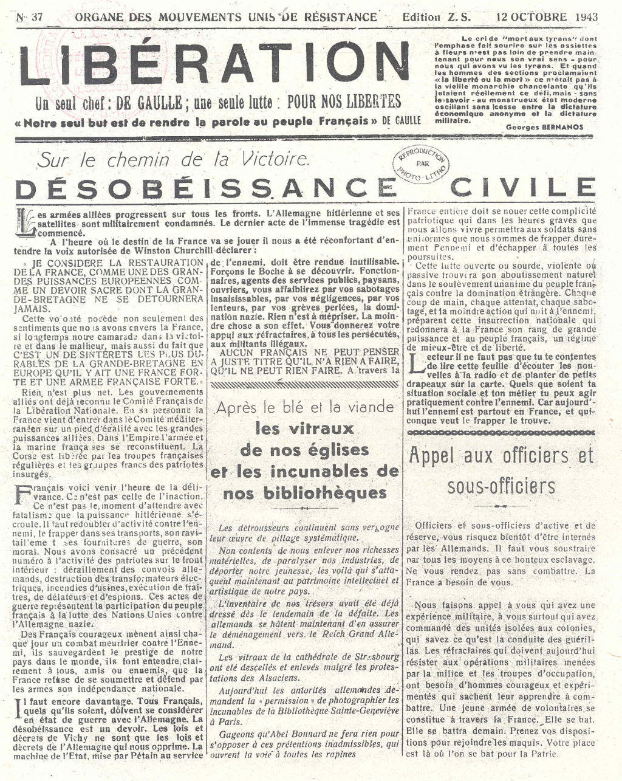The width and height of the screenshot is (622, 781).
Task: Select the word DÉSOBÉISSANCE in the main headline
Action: coord(201,189)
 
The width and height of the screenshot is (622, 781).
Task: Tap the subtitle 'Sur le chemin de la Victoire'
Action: coord(173,160)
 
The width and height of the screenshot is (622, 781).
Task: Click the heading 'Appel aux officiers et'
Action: coord(501,456)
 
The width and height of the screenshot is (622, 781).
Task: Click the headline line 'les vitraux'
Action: coord(304,428)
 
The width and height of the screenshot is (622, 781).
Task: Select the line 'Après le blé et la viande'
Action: coord(305,407)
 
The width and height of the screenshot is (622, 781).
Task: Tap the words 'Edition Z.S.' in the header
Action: coord(429,16)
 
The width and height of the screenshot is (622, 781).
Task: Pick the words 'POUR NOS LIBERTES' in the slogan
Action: coord(344,101)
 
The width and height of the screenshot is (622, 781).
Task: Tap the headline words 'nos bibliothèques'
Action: coord(304,493)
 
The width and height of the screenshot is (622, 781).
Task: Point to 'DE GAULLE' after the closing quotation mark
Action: coord(401,120)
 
